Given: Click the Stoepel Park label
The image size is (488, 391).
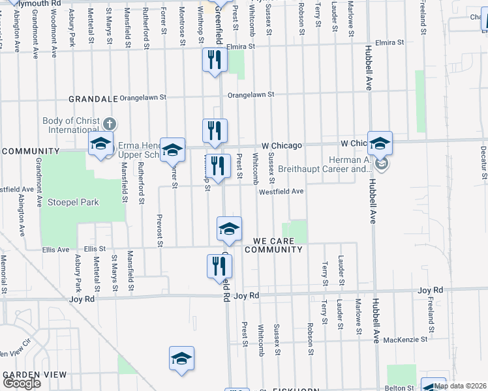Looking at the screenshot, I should click(x=73, y=202).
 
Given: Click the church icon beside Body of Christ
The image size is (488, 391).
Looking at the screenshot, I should click(x=110, y=123).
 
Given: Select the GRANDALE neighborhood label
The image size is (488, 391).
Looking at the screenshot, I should click(x=94, y=99).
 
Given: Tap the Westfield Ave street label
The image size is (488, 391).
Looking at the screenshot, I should click(x=281, y=192).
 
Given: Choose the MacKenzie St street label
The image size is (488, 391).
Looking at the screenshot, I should click(x=405, y=339).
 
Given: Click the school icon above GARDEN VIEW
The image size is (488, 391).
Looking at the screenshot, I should click(x=182, y=358).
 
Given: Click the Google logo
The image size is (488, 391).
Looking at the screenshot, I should click(x=21, y=383).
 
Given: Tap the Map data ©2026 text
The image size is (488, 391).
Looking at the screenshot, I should click(x=460, y=386).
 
